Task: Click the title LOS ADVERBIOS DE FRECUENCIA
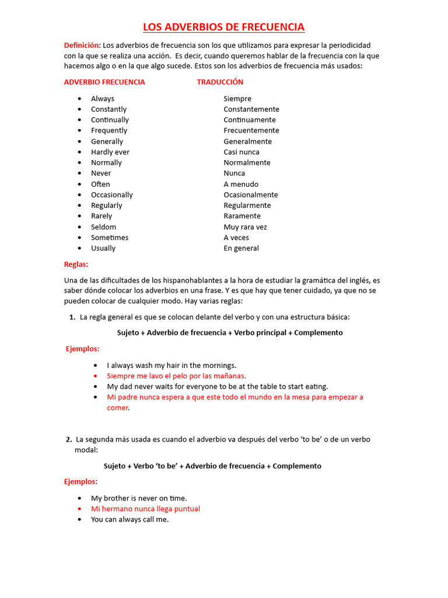(x=224, y=27)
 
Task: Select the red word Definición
(x=82, y=46)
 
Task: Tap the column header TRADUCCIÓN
(x=220, y=82)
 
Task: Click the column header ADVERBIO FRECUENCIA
(x=104, y=82)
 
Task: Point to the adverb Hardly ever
(x=110, y=152)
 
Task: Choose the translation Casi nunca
(x=242, y=152)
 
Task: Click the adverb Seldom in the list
(x=103, y=227)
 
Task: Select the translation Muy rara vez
(x=245, y=227)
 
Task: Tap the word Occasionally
(x=111, y=195)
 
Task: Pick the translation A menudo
(x=241, y=185)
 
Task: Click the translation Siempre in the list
(x=237, y=99)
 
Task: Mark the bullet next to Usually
(x=79, y=248)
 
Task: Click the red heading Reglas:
(x=76, y=265)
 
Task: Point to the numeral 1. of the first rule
(x=72, y=317)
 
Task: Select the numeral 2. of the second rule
(x=69, y=439)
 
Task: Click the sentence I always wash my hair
(x=171, y=366)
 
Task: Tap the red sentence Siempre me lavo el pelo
(x=176, y=376)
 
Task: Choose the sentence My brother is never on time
(x=139, y=498)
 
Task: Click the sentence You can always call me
(x=129, y=519)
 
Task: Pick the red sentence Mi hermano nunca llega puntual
(x=145, y=509)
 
